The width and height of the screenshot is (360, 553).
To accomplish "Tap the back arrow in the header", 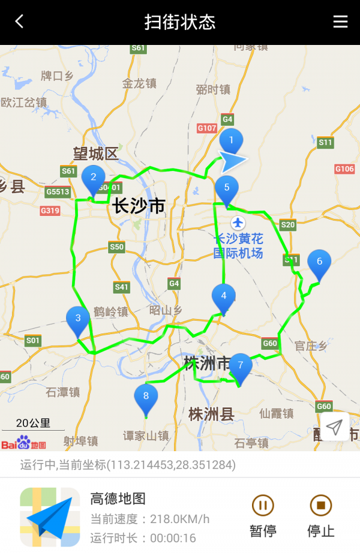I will [19, 22].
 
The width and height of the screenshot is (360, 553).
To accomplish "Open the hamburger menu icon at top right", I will [340, 22].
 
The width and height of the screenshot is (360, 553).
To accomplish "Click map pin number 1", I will [230, 142].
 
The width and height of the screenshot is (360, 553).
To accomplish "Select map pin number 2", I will [93, 178].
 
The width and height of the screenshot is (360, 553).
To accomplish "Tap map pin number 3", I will [78, 318].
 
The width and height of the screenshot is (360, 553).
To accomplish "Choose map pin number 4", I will [224, 296].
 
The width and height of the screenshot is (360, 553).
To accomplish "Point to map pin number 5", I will [227, 188].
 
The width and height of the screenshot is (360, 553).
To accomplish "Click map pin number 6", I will [319, 262].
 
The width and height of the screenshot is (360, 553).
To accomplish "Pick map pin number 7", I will [241, 365].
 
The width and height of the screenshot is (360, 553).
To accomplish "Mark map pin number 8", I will [146, 396].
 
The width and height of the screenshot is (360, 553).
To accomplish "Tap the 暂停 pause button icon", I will [262, 506].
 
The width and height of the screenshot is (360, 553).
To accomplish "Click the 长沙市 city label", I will [138, 206].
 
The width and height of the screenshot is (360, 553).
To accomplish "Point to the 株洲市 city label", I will [208, 363].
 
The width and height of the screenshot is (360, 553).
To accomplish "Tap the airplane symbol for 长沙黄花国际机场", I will [239, 223].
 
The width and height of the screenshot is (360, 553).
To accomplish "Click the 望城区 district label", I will [96, 154].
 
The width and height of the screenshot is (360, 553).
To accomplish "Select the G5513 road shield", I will [58, 192].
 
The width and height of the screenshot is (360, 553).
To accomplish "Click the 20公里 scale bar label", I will [33, 423].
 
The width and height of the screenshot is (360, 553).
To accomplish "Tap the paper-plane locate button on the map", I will [334, 427].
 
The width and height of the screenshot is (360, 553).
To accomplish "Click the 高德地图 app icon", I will [50, 516].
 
